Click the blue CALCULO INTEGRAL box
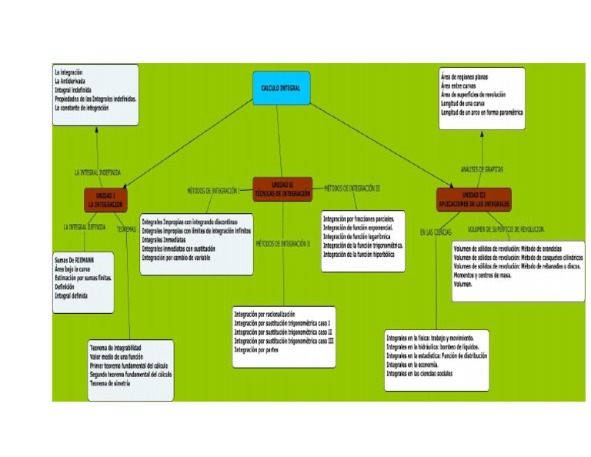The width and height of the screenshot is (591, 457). tap(281, 88)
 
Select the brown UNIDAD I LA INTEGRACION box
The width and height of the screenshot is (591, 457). tap(105, 201)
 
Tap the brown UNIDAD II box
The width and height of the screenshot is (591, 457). tap(282, 190)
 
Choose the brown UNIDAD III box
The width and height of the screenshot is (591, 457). tap(472, 199)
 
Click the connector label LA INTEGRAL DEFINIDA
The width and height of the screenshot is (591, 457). tap(85, 227)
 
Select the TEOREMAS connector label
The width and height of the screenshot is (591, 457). tap(127, 228)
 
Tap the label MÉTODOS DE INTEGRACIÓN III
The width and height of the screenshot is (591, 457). tap(352, 188)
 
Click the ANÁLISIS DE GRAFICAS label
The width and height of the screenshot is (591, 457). tap(482, 168)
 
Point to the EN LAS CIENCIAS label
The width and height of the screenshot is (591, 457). tap(435, 231)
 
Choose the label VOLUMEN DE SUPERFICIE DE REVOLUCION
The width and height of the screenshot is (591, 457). tap(506, 229)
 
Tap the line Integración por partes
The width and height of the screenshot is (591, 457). tap(259, 349)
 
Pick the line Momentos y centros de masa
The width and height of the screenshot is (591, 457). tap(483, 275)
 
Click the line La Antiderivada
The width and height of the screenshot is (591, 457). tap(70, 81)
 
